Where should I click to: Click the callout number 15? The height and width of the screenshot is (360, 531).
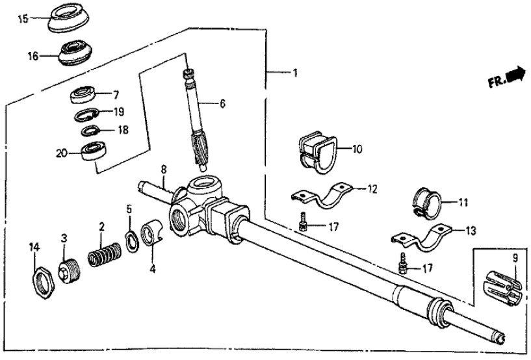(23, 19)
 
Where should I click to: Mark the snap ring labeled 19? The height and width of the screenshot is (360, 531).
(88, 115)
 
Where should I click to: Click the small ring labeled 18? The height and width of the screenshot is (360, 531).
(90, 130)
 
